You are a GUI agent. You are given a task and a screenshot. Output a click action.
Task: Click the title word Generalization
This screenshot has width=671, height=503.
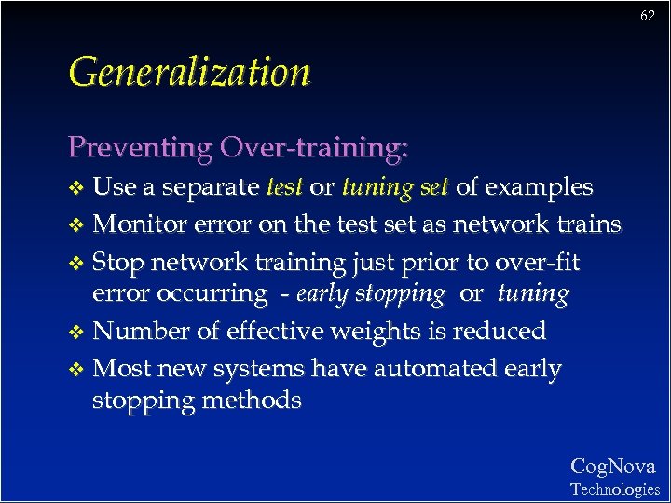point(189,72)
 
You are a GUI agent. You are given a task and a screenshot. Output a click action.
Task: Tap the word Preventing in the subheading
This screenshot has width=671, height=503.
point(140,147)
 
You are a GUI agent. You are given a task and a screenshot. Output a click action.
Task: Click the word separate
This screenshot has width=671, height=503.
point(211,187)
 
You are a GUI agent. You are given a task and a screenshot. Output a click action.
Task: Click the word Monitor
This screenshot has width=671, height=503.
point(138,224)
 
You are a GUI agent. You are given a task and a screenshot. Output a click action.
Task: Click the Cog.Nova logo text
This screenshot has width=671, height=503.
point(612,467)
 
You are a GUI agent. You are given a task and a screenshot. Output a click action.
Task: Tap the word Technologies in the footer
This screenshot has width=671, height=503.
point(614,489)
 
